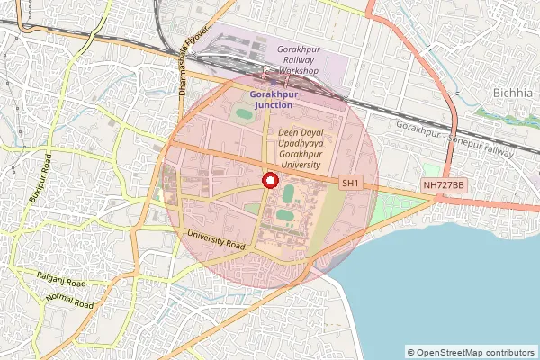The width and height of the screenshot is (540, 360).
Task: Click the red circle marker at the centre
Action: [267, 180]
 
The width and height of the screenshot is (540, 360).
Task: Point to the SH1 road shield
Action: [350, 184]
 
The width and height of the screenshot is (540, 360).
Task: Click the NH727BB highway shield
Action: [444, 185]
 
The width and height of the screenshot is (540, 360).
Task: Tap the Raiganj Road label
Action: [61, 281]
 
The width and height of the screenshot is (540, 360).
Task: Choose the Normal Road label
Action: [70, 301]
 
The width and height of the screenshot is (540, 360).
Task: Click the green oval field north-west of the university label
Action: [244, 114]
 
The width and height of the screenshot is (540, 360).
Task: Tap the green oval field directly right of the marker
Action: [288, 193]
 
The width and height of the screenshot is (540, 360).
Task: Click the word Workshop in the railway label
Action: [298, 70]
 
